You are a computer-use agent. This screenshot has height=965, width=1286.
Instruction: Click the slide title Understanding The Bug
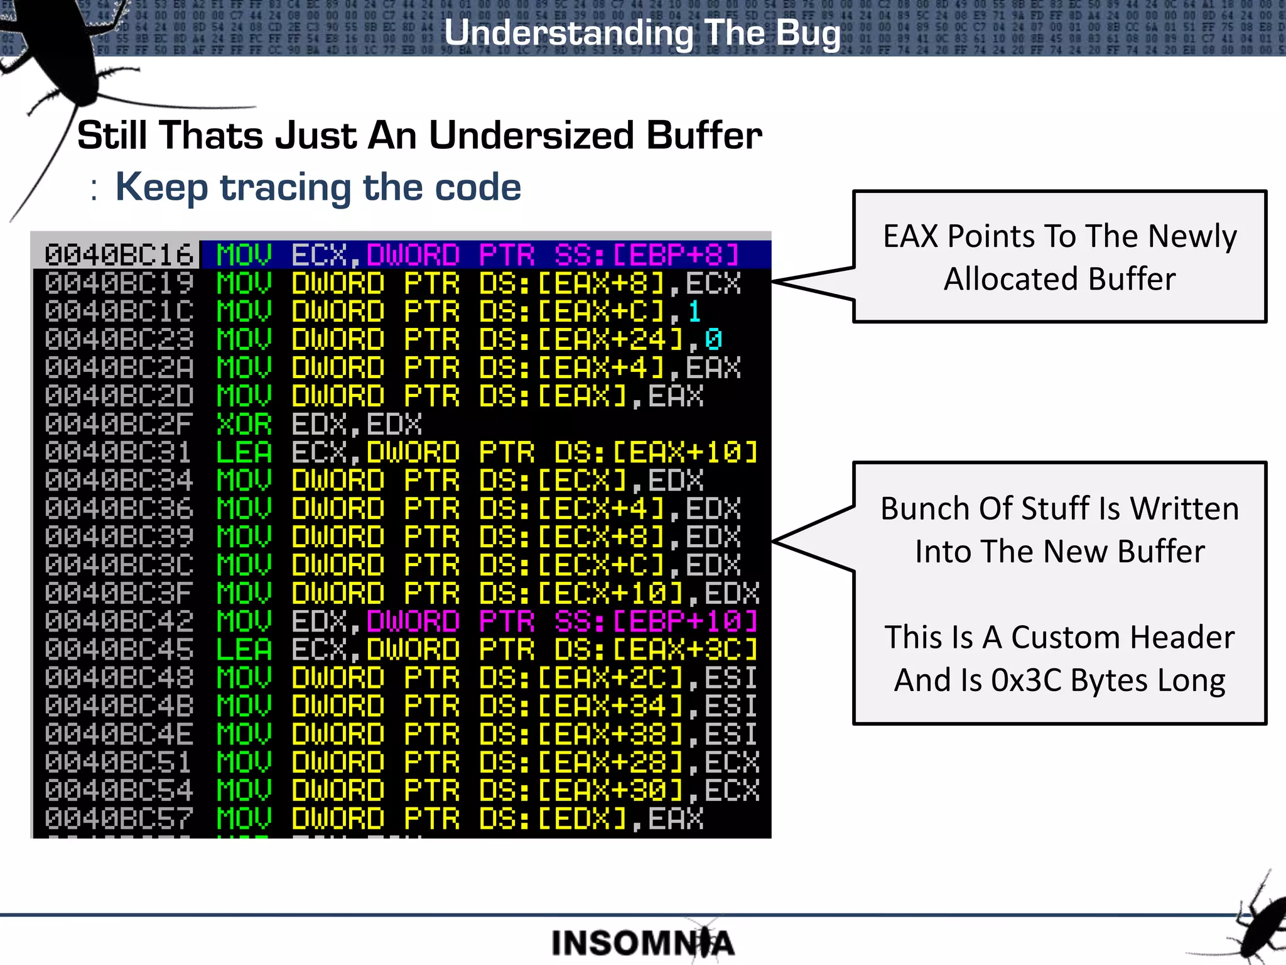click(642, 33)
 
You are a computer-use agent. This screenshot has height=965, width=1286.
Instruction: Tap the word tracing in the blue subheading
click(286, 187)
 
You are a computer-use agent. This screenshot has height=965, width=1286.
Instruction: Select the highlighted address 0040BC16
click(119, 255)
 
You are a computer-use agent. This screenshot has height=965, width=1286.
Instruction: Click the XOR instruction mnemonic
click(244, 425)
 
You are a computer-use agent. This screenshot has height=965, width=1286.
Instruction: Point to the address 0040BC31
click(119, 453)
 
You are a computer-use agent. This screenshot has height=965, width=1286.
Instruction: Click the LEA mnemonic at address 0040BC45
click(244, 650)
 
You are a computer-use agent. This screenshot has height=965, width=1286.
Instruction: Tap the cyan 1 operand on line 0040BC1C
click(694, 312)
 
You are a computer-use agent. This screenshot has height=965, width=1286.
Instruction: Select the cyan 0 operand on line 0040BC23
click(713, 340)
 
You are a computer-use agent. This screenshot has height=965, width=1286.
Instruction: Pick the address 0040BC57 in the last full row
click(119, 819)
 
